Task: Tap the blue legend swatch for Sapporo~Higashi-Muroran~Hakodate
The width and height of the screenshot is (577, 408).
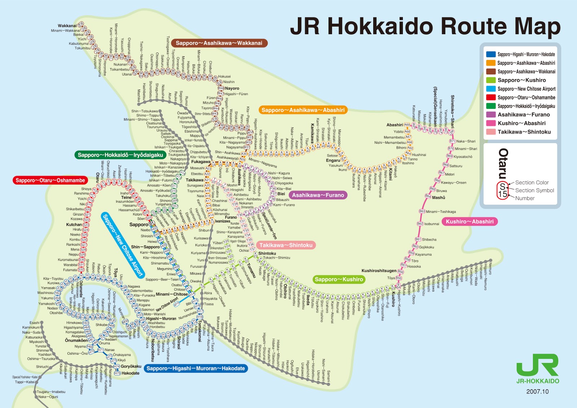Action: point(491,54)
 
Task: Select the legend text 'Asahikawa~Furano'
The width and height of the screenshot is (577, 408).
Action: point(524,115)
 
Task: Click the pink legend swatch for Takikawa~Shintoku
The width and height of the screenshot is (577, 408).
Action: point(491,132)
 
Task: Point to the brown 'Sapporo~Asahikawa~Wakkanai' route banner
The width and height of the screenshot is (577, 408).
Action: point(219,43)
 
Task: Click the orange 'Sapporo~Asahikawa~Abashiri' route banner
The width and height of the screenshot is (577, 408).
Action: point(303,110)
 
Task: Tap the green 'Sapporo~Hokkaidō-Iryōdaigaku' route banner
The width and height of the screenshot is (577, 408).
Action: point(120,155)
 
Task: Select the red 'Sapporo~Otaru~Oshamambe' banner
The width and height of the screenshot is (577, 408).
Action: point(50,180)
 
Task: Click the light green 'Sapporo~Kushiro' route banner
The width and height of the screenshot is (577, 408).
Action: point(339,279)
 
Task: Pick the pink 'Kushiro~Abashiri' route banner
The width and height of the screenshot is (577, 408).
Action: point(470,222)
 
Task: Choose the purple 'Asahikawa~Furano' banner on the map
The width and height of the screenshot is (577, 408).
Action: point(318,195)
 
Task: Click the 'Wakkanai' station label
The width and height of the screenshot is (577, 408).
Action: point(67,26)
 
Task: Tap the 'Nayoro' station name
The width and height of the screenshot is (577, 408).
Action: point(232,88)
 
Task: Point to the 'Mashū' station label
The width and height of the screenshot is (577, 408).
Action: point(439,198)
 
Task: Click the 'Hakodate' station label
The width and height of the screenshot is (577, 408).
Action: point(130,373)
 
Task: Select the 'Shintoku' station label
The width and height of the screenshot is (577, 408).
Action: point(267,253)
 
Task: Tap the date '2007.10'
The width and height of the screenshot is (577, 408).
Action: point(537,392)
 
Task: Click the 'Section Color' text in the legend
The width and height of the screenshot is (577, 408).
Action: point(532,183)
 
